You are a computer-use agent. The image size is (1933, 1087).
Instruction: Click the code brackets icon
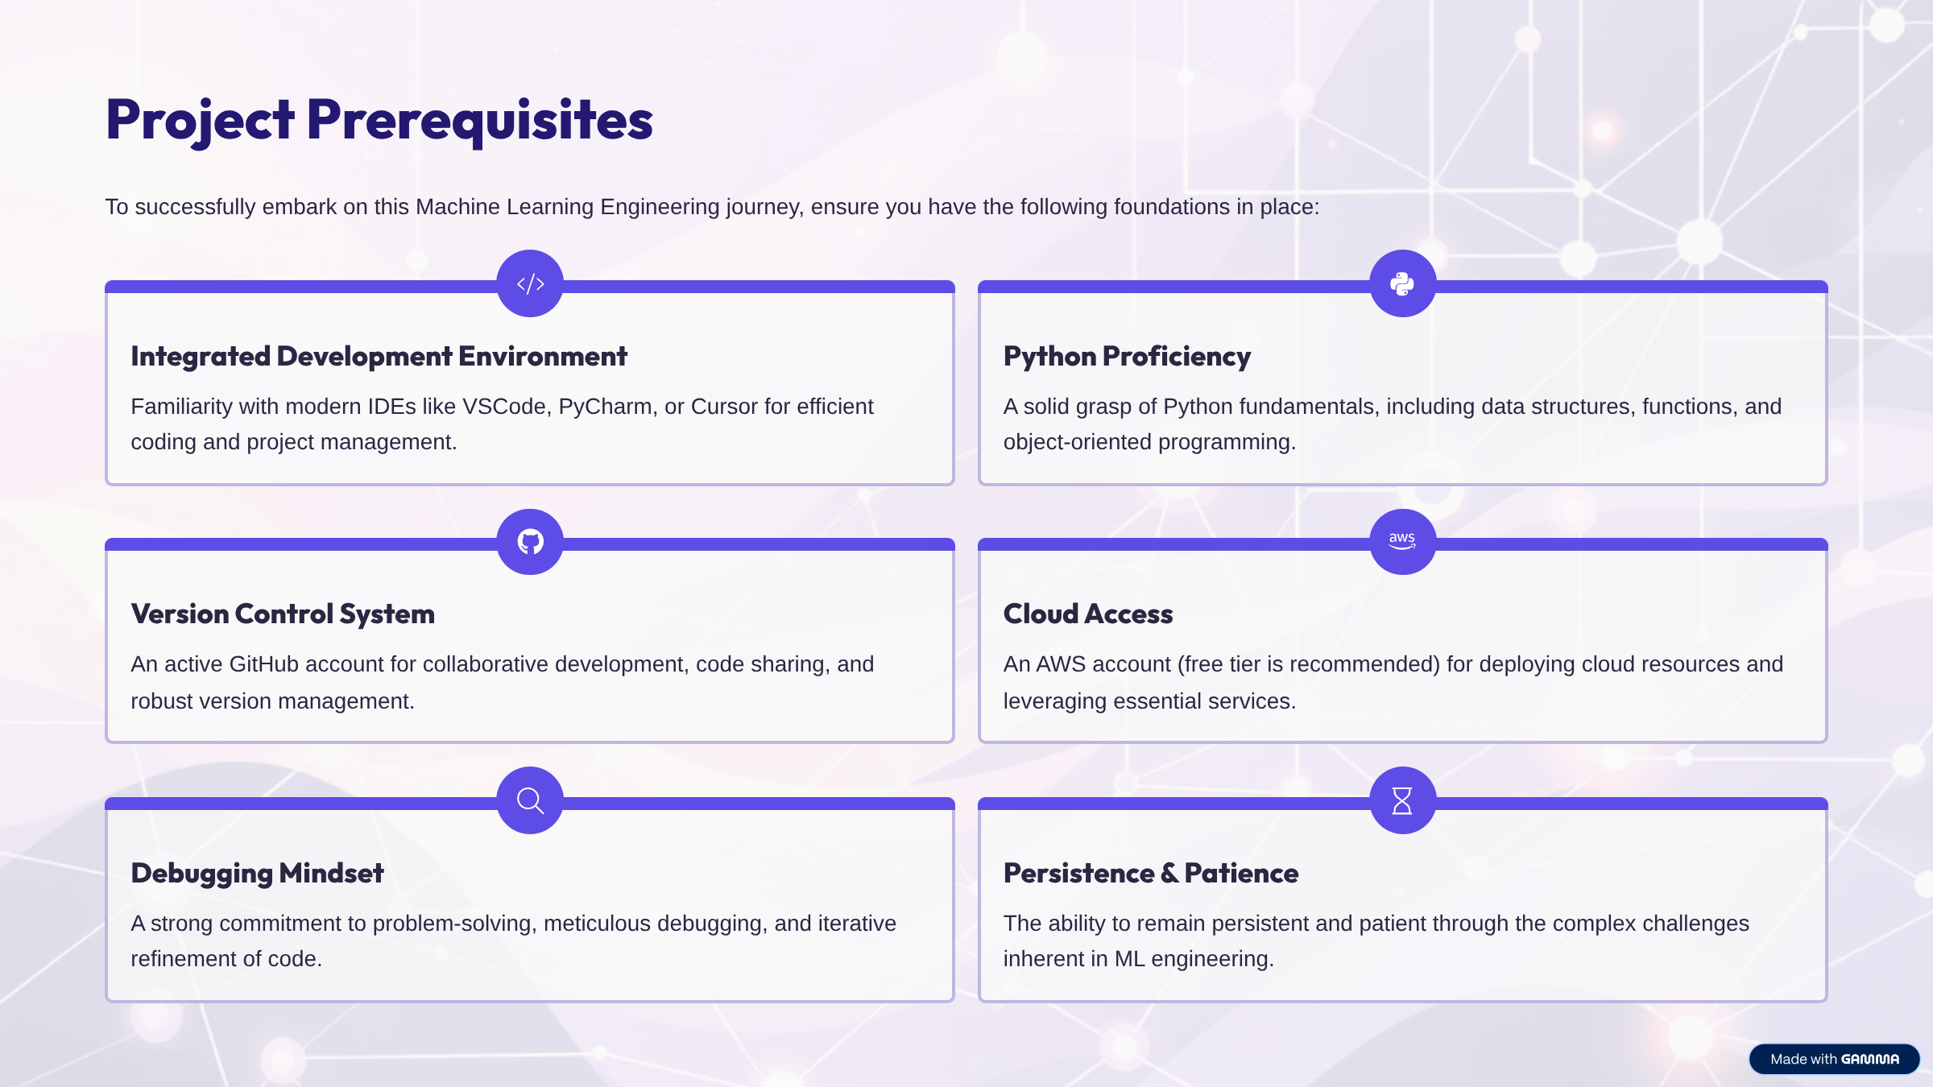(530, 283)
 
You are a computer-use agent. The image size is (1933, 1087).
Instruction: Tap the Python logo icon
(1402, 283)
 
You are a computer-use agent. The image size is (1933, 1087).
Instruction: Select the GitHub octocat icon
(530, 542)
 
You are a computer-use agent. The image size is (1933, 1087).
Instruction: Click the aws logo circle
(1402, 542)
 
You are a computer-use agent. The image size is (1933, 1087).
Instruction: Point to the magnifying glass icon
(530, 800)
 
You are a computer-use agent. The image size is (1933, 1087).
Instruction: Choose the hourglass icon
(1402, 800)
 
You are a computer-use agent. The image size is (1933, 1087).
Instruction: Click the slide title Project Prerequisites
(379, 119)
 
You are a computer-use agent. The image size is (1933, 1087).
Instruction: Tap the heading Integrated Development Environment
(379, 356)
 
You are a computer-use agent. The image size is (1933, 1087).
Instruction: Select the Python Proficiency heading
(1127, 356)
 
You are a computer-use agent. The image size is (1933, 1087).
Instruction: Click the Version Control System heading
(283, 614)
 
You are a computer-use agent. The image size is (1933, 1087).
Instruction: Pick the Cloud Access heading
(1088, 614)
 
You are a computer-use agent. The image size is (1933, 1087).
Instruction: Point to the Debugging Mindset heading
(257, 873)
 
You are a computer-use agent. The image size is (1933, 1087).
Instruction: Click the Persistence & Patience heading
(1151, 873)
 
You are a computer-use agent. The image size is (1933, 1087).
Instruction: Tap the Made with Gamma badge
(1834, 1059)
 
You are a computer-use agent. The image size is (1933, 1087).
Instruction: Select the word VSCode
(504, 407)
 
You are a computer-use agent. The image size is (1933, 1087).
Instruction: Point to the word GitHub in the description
(263, 664)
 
